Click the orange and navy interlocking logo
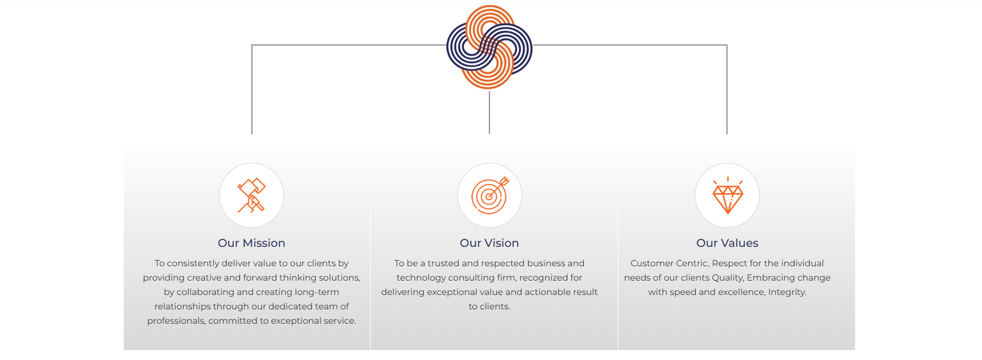489,47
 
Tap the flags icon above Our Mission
252,195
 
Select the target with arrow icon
490,195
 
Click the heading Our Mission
252,243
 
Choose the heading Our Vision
489,243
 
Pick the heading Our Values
728,243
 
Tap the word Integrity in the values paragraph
788,292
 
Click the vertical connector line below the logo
489,112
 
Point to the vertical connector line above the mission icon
252,89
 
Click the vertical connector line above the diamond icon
727,89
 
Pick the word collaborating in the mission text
205,292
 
